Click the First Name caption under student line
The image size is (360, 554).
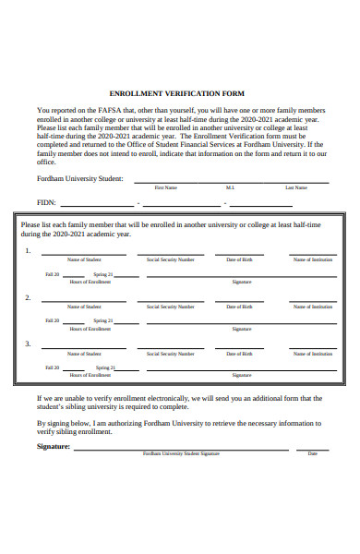click(165, 187)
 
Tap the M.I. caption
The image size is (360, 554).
click(230, 187)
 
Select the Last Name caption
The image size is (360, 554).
click(295, 187)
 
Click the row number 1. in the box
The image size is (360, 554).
click(28, 250)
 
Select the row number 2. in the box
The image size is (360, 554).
click(28, 297)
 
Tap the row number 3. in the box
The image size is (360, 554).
click(28, 344)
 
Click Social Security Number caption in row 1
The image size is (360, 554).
click(170, 259)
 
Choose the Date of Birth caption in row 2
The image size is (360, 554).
click(239, 307)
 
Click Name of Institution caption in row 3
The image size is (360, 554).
click(313, 354)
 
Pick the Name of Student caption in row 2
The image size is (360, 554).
click(84, 307)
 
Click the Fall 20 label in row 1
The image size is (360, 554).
click(52, 274)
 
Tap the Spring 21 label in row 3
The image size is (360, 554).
click(102, 368)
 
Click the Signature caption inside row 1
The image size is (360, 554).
click(242, 282)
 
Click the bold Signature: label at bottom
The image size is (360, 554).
click(53, 446)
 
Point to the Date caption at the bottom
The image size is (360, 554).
click(312, 453)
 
